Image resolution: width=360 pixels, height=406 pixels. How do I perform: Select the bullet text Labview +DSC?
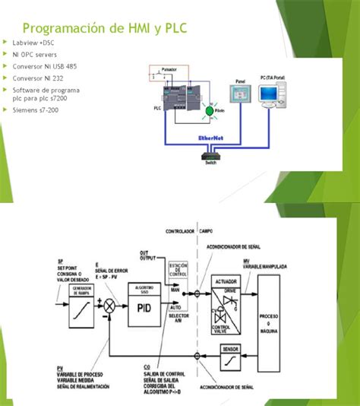(34, 43)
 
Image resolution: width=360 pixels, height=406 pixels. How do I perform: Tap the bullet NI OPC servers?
(35, 54)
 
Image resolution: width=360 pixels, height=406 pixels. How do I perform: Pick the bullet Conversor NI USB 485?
(44, 66)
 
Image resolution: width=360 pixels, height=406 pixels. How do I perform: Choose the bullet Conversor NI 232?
(38, 78)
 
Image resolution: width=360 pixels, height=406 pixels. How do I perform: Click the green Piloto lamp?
(210, 111)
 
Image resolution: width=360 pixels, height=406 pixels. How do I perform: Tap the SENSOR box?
(230, 352)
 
